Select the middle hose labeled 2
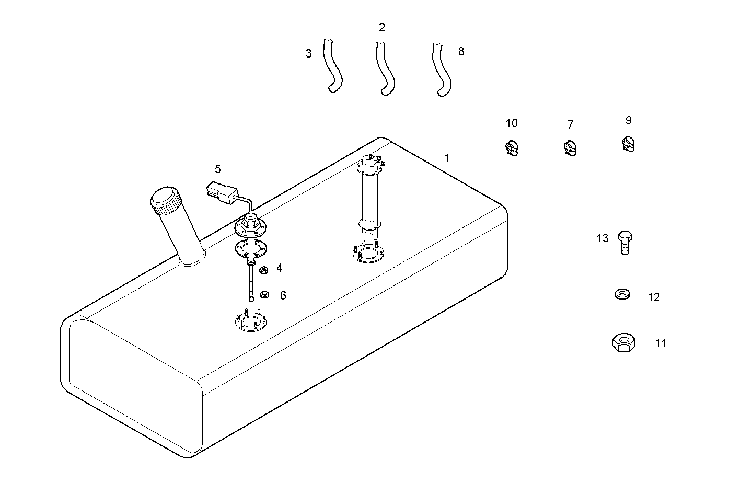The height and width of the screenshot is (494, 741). click(385, 71)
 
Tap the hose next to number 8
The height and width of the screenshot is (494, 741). click(442, 71)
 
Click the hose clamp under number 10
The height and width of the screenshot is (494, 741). click(512, 148)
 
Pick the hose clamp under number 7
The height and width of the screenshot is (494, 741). click(570, 148)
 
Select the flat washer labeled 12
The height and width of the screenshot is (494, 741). click(622, 294)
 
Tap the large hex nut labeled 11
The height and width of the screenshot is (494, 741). click(623, 343)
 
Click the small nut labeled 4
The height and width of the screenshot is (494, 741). click(264, 270)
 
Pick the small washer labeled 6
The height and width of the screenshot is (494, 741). click(264, 295)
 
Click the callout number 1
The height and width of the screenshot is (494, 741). click(446, 158)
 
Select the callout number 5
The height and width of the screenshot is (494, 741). click(217, 169)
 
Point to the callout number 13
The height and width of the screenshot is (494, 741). click(603, 238)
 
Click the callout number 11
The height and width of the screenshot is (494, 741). click(661, 343)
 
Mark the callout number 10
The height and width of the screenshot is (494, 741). click(512, 123)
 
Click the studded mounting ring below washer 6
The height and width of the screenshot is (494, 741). click(251, 321)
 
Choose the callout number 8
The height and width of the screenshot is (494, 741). click(461, 51)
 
